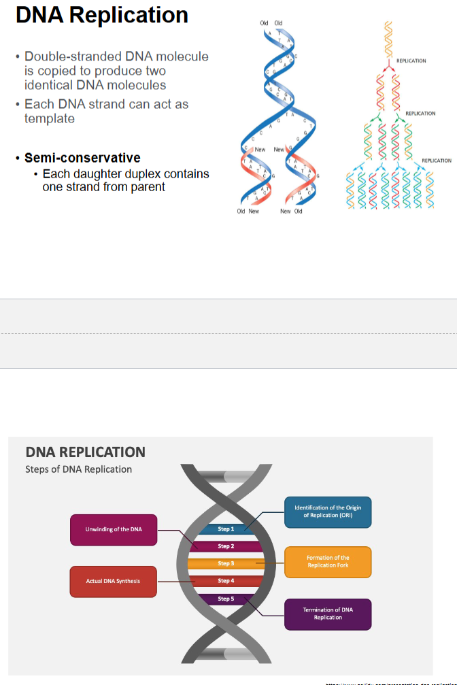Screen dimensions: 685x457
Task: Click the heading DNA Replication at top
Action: (x=102, y=15)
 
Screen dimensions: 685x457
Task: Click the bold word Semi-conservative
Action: (x=82, y=158)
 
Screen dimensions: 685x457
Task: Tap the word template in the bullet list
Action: (x=50, y=118)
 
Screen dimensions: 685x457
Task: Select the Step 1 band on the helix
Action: (x=225, y=529)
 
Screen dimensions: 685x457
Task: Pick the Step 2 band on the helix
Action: (x=225, y=546)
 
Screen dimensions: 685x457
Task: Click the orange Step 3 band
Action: (x=225, y=563)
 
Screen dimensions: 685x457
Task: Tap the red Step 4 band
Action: (x=225, y=581)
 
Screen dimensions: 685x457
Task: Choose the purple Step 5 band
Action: (x=225, y=599)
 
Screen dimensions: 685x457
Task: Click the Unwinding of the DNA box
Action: (x=114, y=530)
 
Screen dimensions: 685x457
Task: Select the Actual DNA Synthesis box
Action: (x=114, y=581)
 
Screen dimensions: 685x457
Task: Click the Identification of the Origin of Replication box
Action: (x=328, y=512)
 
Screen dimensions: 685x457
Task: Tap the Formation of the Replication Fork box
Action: (x=328, y=562)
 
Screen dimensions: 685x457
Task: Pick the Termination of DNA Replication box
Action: (x=328, y=614)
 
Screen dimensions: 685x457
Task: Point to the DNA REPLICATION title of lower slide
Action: (x=85, y=452)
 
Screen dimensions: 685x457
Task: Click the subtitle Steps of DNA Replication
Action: (x=78, y=469)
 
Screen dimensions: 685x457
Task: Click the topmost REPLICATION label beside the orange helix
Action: (x=411, y=61)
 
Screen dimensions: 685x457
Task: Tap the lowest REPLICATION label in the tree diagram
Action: (x=436, y=161)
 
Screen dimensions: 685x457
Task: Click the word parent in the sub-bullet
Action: (x=149, y=186)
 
